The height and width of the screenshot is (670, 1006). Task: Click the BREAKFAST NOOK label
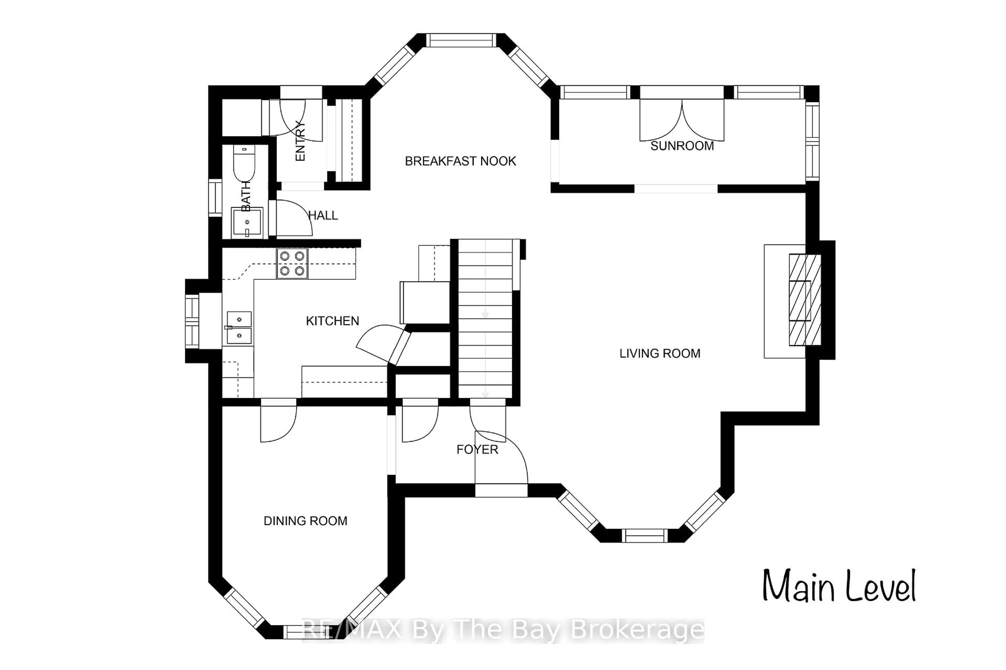pyautogui.click(x=460, y=161)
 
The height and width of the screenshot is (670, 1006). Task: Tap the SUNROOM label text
pyautogui.click(x=682, y=146)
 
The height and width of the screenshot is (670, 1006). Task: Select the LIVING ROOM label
pyautogui.click(x=660, y=353)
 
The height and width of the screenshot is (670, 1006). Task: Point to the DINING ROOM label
pyautogui.click(x=305, y=521)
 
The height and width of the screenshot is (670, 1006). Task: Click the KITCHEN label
pyautogui.click(x=332, y=321)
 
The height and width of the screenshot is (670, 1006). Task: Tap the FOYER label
pyautogui.click(x=477, y=450)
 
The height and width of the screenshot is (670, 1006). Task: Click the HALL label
pyautogui.click(x=323, y=215)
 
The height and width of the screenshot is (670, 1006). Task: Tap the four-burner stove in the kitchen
pyautogui.click(x=292, y=263)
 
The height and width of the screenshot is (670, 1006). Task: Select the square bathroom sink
pyautogui.click(x=247, y=222)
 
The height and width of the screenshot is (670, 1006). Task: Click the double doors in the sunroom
pyautogui.click(x=681, y=120)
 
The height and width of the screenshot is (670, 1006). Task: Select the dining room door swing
pyautogui.click(x=278, y=423)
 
